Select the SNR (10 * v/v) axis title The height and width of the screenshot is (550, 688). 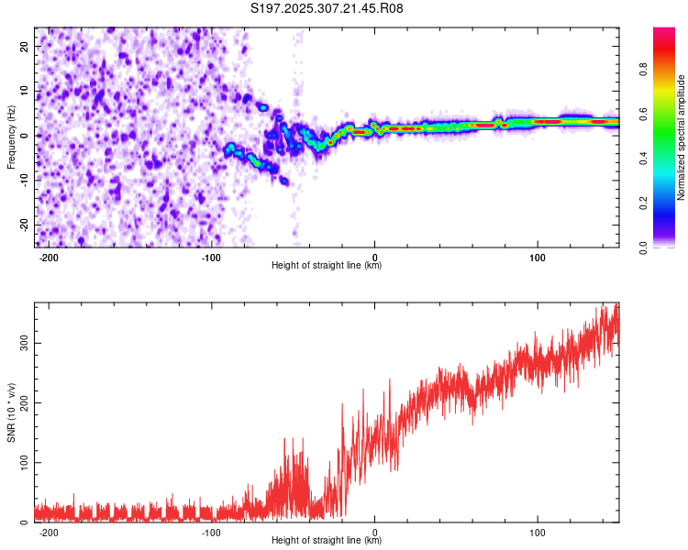tap(11, 412)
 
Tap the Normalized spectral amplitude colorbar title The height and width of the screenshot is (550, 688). tap(682, 137)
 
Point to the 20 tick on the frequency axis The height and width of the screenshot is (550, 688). tap(25, 46)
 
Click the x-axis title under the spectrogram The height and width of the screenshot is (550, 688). tap(327, 266)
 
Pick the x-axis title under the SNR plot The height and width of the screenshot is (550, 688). tap(327, 541)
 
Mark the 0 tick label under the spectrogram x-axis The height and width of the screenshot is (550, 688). tap(375, 257)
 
